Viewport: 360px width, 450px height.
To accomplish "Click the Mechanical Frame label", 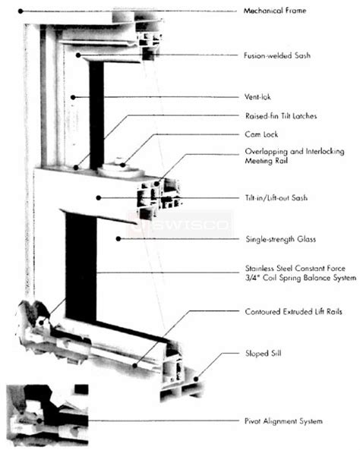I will point(276,11).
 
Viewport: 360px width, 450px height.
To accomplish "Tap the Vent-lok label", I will point(258,96).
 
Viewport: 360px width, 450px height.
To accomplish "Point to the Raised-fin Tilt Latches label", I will point(281,115).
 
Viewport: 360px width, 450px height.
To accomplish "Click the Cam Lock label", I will point(260,134).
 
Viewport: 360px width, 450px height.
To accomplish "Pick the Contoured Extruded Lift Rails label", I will point(290,311).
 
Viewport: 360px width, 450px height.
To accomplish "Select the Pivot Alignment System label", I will point(284,421).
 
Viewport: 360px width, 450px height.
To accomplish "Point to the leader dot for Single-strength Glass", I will point(118,240).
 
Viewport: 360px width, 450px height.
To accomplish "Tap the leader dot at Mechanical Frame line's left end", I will point(21,11).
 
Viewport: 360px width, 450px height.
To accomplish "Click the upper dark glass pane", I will point(96,114).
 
